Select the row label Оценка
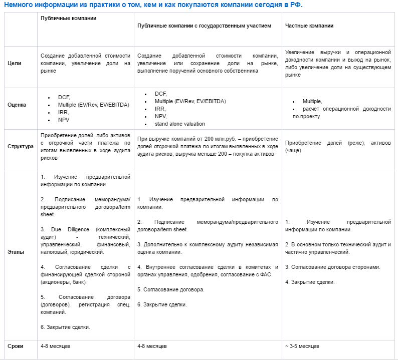pos(17,105)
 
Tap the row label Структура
pos(21,147)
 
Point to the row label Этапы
pos(16,252)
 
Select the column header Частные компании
pos(309,26)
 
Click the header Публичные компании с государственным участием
pos(204,26)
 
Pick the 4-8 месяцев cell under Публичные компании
pos(56,346)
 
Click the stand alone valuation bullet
pos(180,124)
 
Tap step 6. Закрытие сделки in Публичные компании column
pos(66,327)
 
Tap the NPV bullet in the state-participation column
pos(161,116)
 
